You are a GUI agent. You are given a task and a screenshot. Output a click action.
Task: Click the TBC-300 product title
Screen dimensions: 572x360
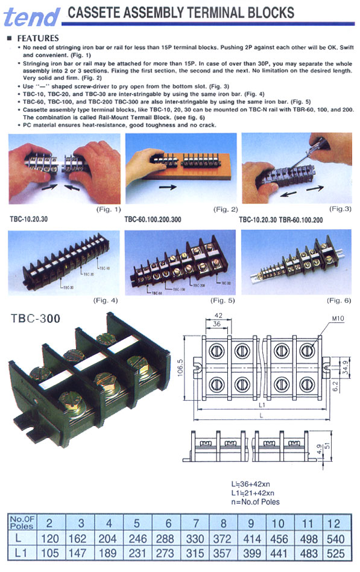35,319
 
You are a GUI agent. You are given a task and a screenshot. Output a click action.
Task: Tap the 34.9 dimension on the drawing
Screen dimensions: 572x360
345,367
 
